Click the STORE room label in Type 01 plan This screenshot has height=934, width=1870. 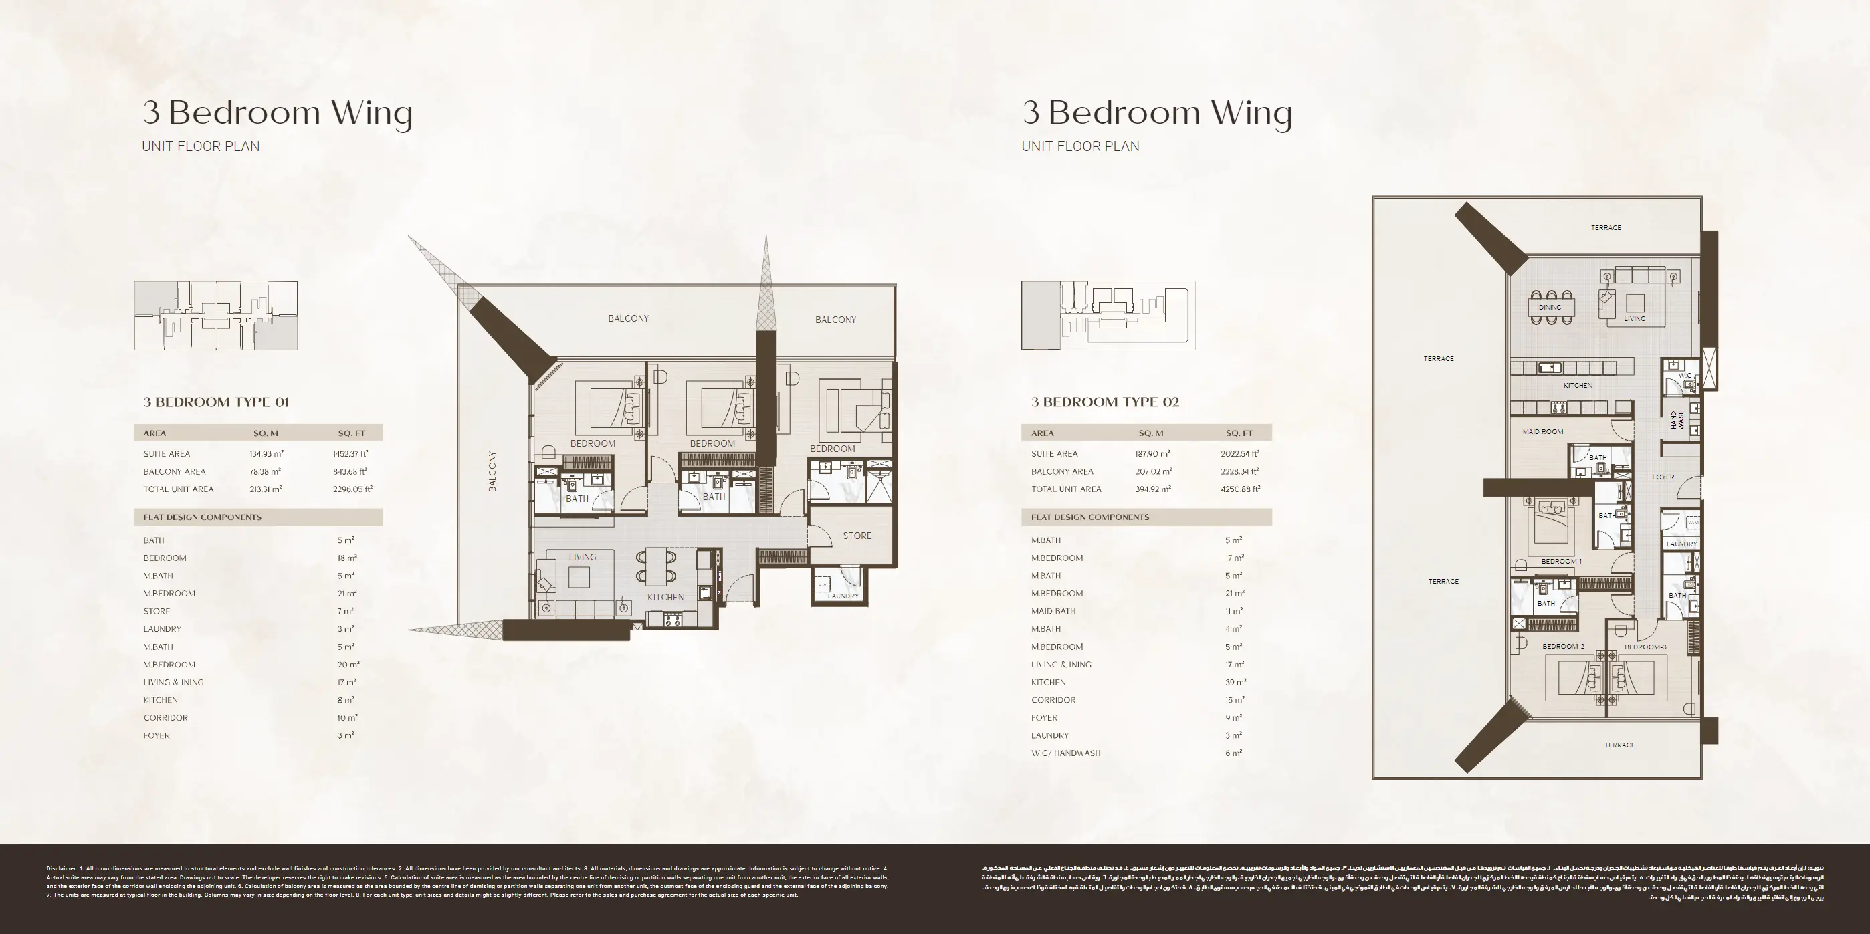point(857,536)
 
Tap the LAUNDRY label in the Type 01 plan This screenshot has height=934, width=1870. point(843,596)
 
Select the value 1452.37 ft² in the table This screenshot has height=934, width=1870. point(350,453)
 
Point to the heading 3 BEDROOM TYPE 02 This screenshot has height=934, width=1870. point(1105,402)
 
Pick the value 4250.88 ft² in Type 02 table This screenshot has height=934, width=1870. point(1240,489)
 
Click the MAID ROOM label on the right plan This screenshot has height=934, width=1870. point(1542,432)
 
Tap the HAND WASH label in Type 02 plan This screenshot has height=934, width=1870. point(1677,419)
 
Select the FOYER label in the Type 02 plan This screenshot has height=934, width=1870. point(1663,477)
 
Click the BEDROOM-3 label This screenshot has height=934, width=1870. point(1645,647)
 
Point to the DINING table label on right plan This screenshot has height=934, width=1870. point(1550,307)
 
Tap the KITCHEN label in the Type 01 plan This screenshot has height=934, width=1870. point(665,597)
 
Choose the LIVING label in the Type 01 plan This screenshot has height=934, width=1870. point(582,557)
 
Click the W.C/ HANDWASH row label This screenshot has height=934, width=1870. point(1065,753)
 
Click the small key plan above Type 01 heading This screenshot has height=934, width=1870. point(215,316)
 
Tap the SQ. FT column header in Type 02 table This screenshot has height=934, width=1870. point(1239,433)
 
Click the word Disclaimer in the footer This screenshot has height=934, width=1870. point(61,868)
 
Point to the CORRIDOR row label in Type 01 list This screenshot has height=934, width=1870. point(165,718)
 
